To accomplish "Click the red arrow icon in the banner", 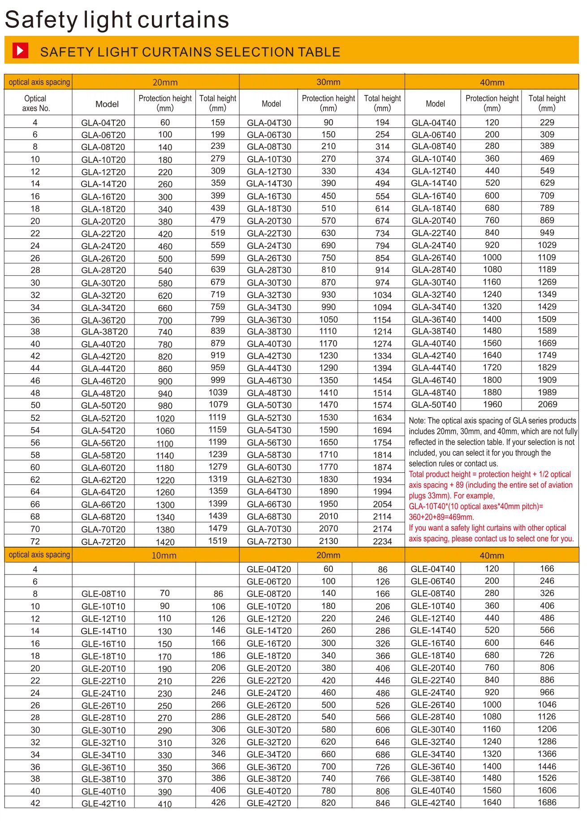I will pos(20,51).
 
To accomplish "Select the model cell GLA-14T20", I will pos(104,184).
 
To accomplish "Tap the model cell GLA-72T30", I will pos(269,541).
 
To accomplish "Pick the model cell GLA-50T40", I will pos(433,405).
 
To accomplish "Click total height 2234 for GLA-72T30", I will pos(382,541).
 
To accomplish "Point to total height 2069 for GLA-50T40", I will pos(547,404).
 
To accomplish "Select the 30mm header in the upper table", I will pos(328,82).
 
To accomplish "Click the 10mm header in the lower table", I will pos(164,555).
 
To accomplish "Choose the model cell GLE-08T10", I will pos(104,594).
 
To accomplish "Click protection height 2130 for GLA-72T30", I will pos(328,541).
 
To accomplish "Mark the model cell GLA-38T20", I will pos(104,332).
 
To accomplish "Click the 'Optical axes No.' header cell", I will pos(35,103).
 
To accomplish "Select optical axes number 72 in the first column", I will pos(35,541).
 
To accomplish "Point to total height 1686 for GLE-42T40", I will pos(547,803).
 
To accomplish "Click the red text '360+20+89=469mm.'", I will pos(441,517).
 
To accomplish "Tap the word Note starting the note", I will pos(417,421).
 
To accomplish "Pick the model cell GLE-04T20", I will pos(269,569).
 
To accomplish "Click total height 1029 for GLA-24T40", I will pos(547,245).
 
